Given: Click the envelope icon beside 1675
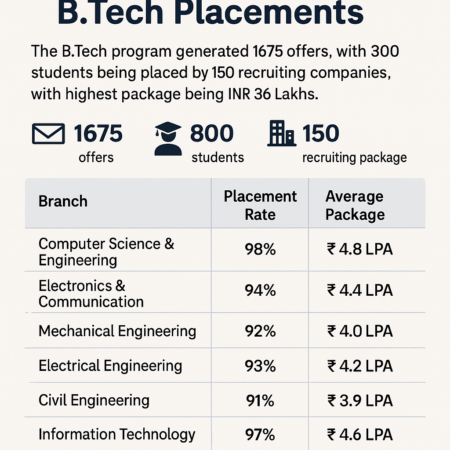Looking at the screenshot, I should tap(48, 134).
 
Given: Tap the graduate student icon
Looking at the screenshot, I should tap(168, 139).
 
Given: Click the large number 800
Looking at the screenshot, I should tap(211, 133).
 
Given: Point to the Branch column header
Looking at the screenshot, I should tap(63, 201).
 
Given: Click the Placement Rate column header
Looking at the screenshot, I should tap(260, 205).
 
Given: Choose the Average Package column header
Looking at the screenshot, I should tap(355, 205).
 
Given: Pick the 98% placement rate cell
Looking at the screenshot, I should tap(260, 250).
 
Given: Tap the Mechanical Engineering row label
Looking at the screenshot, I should tap(117, 331).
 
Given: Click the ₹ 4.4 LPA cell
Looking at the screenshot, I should tap(360, 290).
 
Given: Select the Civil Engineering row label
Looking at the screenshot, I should tap(94, 400).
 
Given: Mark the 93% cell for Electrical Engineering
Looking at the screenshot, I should tap(260, 366).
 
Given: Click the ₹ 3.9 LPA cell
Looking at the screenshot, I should tap(360, 401).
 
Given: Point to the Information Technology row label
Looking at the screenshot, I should tap(117, 434).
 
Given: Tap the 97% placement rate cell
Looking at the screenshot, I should tap(260, 435).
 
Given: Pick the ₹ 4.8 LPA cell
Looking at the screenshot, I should tap(360, 250).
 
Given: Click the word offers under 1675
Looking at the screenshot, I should tap(96, 157).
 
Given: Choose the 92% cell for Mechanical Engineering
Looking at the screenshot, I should tap(260, 331).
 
